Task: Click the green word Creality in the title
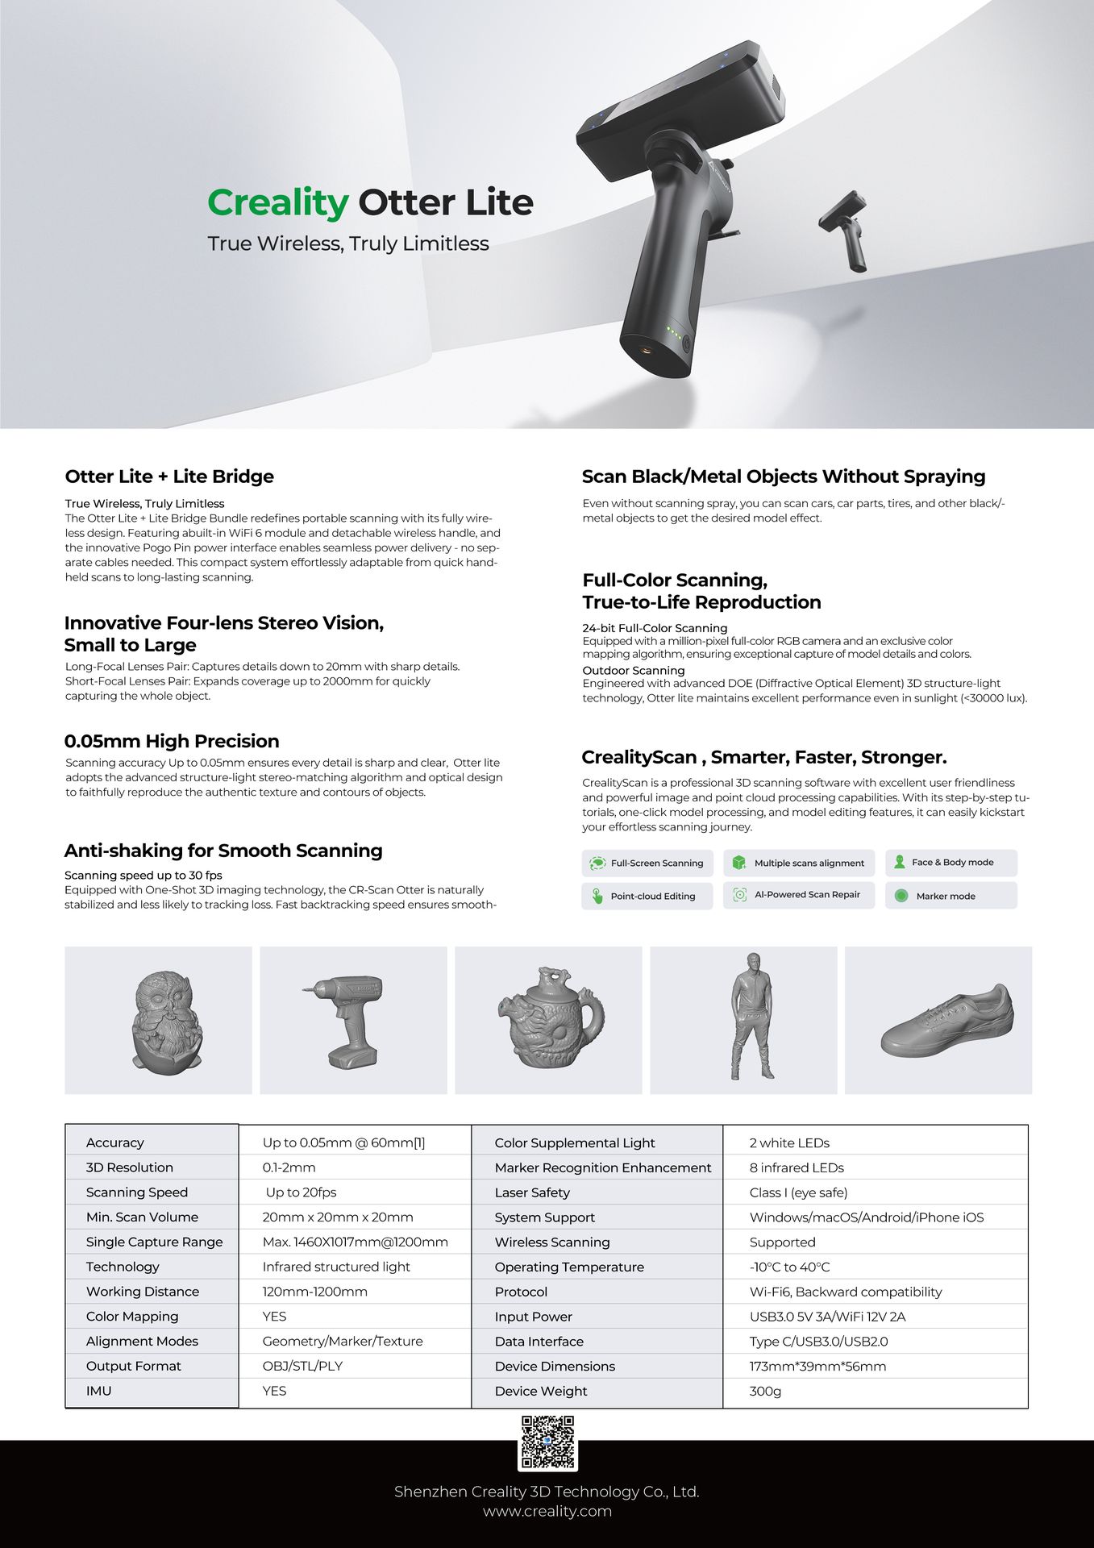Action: [277, 202]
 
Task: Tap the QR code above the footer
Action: [547, 1442]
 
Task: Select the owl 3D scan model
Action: [166, 1022]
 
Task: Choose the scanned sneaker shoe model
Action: [946, 1020]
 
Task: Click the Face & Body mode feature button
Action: [951, 863]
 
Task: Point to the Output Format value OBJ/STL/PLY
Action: [302, 1366]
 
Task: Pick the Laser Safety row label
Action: [532, 1192]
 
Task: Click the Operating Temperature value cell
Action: [789, 1267]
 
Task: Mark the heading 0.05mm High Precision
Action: [172, 741]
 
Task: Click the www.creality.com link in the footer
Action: [547, 1511]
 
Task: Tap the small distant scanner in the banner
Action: [845, 230]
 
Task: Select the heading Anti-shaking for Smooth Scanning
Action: [223, 851]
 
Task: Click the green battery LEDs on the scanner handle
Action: [674, 332]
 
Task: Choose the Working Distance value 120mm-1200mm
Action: [314, 1292]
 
